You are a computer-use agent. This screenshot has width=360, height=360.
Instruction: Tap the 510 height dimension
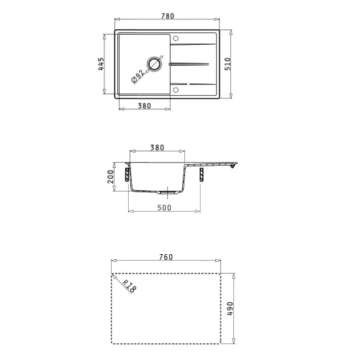click(x=240, y=65)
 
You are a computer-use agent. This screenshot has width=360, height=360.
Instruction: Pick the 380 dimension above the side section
click(x=156, y=148)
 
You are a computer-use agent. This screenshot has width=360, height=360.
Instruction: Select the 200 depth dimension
click(x=112, y=176)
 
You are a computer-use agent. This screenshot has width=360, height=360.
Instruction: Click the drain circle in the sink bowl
click(x=154, y=64)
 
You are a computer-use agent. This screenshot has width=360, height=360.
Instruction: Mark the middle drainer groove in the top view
click(x=192, y=64)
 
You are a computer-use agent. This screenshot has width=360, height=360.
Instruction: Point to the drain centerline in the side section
click(x=167, y=193)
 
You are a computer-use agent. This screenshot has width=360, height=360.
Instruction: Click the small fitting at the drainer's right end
click(x=232, y=166)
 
